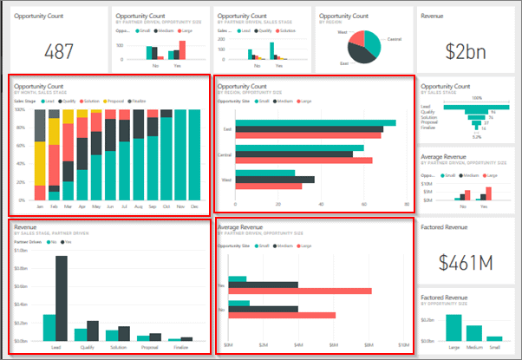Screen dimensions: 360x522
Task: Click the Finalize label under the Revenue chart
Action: (180, 348)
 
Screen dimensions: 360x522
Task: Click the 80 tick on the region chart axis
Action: (407, 205)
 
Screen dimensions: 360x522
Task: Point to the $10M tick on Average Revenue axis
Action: (402, 346)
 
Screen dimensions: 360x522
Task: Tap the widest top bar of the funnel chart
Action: (476, 106)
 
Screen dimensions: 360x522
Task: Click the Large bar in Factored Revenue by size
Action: (453, 331)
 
